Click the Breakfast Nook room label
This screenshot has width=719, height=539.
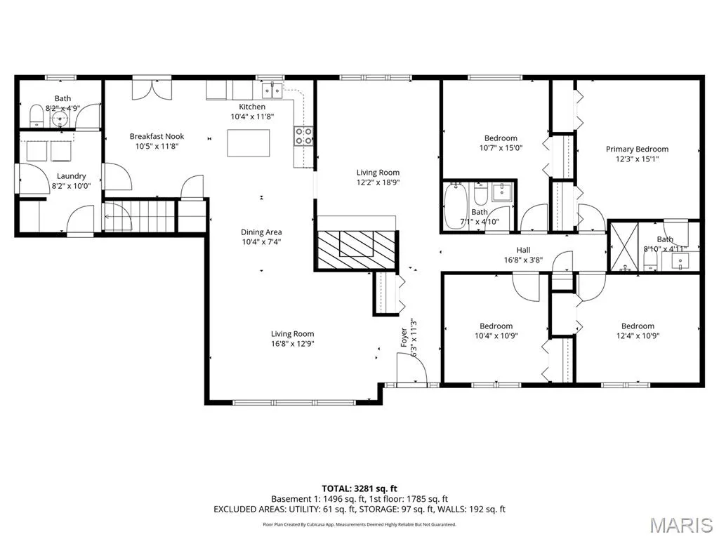[157, 136]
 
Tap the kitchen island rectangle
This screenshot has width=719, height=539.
[249, 143]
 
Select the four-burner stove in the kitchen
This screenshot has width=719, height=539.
[303, 135]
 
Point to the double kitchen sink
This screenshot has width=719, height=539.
[272, 91]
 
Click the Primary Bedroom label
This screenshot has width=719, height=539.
[637, 149]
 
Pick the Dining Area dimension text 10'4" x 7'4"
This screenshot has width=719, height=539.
[261, 242]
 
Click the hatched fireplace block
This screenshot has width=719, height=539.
[356, 249]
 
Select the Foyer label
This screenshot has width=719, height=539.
[404, 337]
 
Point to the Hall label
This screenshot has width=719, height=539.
[523, 250]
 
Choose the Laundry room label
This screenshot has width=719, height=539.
[71, 176]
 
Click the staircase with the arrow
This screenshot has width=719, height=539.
[140, 216]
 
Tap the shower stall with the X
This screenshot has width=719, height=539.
[624, 246]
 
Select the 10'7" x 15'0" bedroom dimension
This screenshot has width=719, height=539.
[501, 148]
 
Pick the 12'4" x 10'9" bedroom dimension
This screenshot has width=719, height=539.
[638, 336]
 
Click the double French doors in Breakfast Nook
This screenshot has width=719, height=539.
[152, 89]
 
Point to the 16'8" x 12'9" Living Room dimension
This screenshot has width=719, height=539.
[293, 344]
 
